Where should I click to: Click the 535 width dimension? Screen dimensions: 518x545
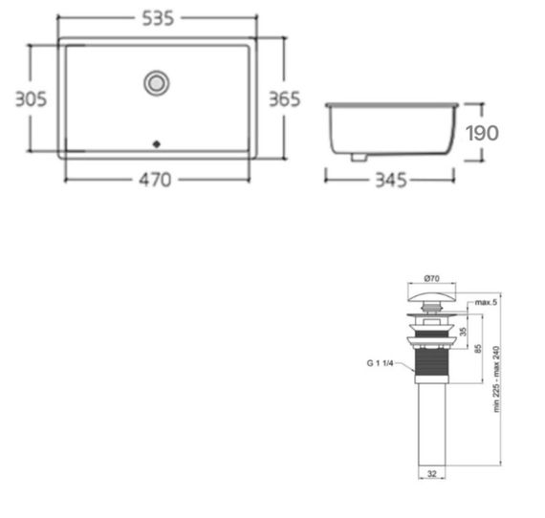point(157,18)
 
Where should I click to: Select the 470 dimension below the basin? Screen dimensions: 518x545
point(157,179)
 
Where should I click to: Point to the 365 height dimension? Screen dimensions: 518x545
point(284,98)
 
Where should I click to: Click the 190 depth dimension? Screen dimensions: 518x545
point(481,132)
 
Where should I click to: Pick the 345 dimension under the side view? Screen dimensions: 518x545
point(392,179)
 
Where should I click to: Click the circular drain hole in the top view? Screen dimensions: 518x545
point(156,83)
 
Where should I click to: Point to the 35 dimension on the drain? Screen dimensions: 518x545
point(465,331)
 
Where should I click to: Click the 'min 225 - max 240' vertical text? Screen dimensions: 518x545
point(498,378)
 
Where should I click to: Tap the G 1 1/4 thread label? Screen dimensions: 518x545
point(381,363)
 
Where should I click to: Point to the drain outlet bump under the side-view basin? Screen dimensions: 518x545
point(359,156)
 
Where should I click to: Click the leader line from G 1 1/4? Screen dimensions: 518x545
point(405,362)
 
